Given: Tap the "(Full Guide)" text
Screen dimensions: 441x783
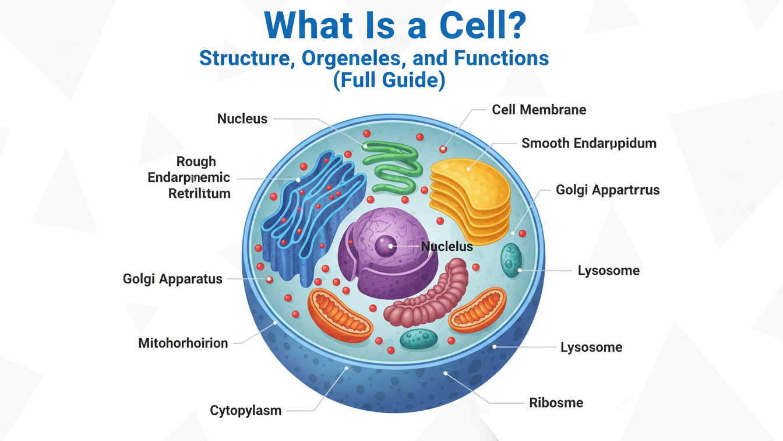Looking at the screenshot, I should coord(389,80).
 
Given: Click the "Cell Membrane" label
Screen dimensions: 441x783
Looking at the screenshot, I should coord(539,110).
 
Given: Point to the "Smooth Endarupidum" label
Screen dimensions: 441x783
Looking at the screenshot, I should coord(588,143).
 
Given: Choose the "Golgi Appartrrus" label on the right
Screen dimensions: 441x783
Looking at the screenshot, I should coord(607,190).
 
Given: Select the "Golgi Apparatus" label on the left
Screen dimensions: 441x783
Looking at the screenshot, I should coord(172,279).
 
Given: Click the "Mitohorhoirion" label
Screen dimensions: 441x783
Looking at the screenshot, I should coord(183,342).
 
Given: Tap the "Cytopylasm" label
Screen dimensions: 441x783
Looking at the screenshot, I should coord(245,411).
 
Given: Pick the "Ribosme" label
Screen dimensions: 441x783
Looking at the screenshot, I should coord(556,402).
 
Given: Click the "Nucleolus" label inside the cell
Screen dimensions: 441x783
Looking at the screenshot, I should coord(447,246).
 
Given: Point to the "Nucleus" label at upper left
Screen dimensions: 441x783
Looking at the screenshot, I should coord(242,119).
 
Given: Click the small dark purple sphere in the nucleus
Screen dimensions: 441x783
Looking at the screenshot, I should coord(385,246).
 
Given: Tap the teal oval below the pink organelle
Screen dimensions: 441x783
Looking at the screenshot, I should coord(419,338).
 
